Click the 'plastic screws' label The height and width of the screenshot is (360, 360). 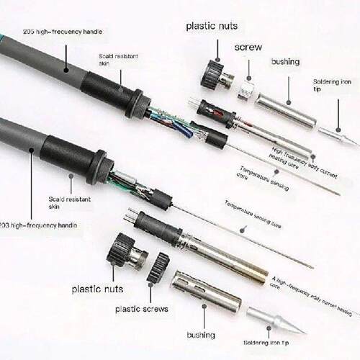pos(142,309)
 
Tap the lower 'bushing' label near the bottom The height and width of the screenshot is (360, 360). pos(201,335)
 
